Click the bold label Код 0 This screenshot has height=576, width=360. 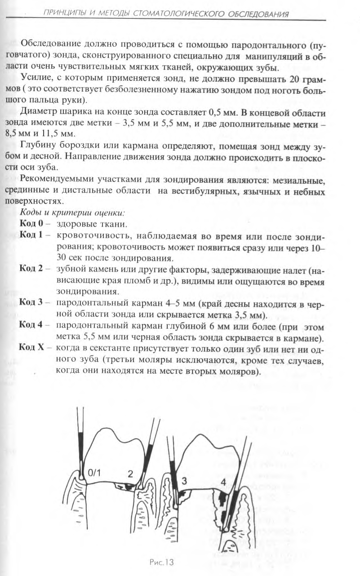tap(31, 223)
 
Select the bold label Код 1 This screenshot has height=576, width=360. tap(31, 235)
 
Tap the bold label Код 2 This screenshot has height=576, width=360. tap(31, 269)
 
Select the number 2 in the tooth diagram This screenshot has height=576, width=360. tap(130, 473)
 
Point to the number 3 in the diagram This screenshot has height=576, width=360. tap(184, 481)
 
